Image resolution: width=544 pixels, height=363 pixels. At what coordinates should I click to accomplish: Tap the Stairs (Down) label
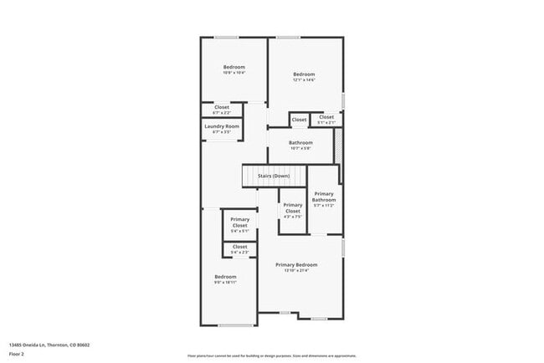pyautogui.click(x=274, y=176)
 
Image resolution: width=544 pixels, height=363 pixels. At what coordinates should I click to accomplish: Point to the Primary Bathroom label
pyautogui.click(x=324, y=197)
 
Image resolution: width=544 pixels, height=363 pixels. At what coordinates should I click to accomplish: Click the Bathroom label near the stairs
pyautogui.click(x=300, y=142)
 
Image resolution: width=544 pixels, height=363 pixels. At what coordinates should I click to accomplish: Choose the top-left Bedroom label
pyautogui.click(x=234, y=67)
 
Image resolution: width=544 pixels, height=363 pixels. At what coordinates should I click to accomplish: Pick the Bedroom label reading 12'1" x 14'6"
pyautogui.click(x=304, y=75)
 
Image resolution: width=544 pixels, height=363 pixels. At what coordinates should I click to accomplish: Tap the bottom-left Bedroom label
pyautogui.click(x=225, y=277)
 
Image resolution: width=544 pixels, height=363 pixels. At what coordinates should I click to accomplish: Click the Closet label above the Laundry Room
pyautogui.click(x=222, y=107)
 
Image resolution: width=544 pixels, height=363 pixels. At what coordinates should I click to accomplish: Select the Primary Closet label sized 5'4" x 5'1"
pyautogui.click(x=239, y=222)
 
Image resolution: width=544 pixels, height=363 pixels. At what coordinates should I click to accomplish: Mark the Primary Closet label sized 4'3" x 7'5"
pyautogui.click(x=293, y=208)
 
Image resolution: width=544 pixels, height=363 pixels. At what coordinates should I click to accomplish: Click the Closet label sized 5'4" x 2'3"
pyautogui.click(x=239, y=247)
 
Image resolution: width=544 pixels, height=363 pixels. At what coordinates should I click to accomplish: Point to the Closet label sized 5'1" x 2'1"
pyautogui.click(x=326, y=117)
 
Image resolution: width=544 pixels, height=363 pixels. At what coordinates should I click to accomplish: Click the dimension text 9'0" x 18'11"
pyautogui.click(x=225, y=283)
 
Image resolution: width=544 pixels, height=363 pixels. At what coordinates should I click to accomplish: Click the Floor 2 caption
pyautogui.click(x=17, y=354)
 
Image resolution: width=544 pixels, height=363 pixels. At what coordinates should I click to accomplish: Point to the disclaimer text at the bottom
pyautogui.click(x=272, y=355)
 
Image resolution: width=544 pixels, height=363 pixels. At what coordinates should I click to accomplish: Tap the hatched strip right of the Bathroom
pyautogui.click(x=338, y=146)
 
